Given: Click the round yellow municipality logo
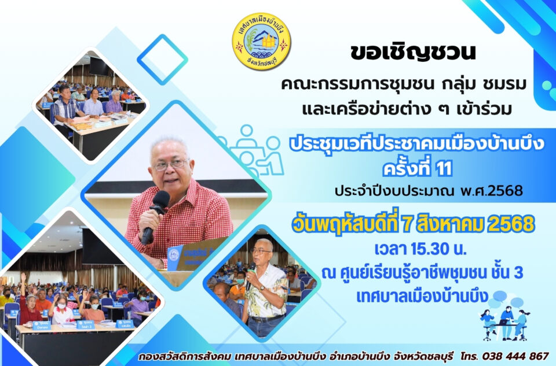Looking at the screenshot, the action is (261, 42).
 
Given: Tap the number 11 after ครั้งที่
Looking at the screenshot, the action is (444, 168).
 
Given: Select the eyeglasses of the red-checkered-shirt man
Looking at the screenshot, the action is (171, 164).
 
